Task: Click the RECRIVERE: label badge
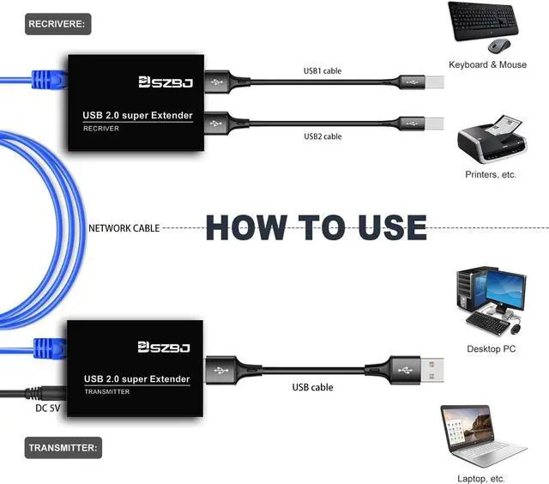coord(57,24)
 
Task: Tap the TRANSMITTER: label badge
coord(64,447)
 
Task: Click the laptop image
coord(483,437)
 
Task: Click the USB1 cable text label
coord(323,70)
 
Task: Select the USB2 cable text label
coord(323,136)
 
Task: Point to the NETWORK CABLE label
coord(123,228)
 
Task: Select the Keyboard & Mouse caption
coord(487,64)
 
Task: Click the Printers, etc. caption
coord(491,174)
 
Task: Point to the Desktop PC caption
coord(491,349)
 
